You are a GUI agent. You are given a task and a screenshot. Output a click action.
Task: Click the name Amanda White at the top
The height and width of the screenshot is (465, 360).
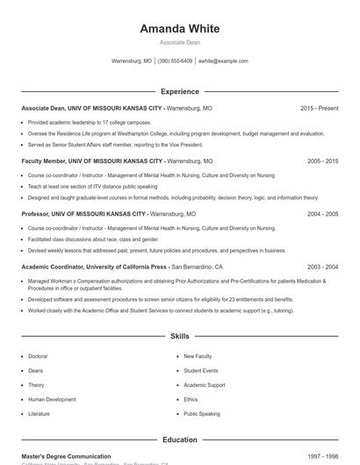click(x=179, y=28)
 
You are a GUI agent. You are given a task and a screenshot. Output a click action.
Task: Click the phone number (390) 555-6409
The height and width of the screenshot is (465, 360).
click(x=175, y=61)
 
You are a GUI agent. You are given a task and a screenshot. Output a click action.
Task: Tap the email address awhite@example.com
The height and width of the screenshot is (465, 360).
click(x=223, y=61)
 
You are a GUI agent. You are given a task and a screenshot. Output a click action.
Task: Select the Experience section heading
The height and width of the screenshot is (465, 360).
click(x=179, y=91)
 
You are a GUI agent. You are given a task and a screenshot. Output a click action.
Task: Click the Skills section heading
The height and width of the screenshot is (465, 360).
click(x=179, y=336)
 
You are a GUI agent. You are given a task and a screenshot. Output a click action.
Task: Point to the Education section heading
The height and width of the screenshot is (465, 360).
click(x=179, y=440)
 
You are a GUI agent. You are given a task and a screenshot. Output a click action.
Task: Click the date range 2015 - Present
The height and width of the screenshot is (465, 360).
click(x=319, y=108)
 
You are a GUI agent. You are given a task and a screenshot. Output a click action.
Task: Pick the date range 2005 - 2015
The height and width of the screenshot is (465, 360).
click(x=322, y=161)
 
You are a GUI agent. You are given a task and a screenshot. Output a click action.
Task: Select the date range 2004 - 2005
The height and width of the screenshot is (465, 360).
click(x=322, y=214)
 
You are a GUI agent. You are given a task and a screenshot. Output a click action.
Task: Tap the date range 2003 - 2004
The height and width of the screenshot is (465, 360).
click(x=322, y=267)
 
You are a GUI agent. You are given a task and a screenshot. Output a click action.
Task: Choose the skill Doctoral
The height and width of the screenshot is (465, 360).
click(x=38, y=356)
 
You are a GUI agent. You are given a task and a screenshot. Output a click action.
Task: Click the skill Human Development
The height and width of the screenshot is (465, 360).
click(x=52, y=399)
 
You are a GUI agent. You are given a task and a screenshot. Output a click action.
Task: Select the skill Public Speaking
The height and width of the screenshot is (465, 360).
click(x=202, y=413)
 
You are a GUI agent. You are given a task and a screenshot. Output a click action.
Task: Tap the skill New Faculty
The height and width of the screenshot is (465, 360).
click(x=198, y=356)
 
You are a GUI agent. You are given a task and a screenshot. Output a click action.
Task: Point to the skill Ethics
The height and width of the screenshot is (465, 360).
click(x=191, y=399)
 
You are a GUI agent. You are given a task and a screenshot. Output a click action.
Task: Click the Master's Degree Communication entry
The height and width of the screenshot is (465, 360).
click(x=66, y=456)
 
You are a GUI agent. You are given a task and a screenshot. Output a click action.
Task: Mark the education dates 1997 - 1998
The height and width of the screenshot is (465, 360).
click(x=322, y=456)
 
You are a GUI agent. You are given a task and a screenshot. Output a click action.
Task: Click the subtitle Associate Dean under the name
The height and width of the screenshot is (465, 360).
click(x=179, y=42)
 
